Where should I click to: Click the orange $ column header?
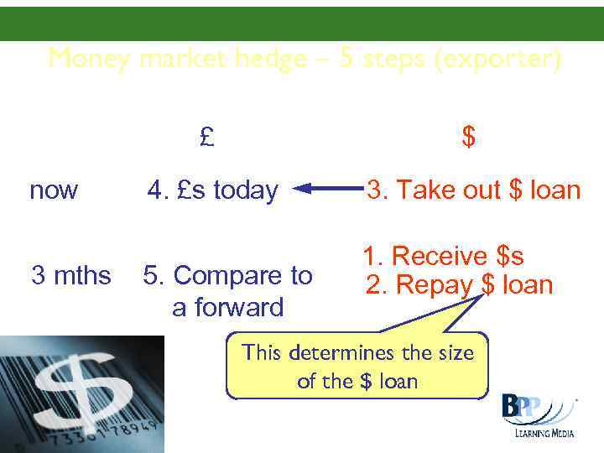tap(469, 137)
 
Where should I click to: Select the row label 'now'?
tap(53, 190)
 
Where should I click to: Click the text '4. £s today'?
tap(212, 190)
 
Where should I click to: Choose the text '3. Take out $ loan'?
tap(472, 190)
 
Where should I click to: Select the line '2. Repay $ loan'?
tap(459, 285)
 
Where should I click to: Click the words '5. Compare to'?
tap(227, 275)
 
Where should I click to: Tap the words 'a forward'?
tap(227, 307)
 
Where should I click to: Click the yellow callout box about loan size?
tap(357, 367)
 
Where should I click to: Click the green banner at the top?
tap(302, 23)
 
